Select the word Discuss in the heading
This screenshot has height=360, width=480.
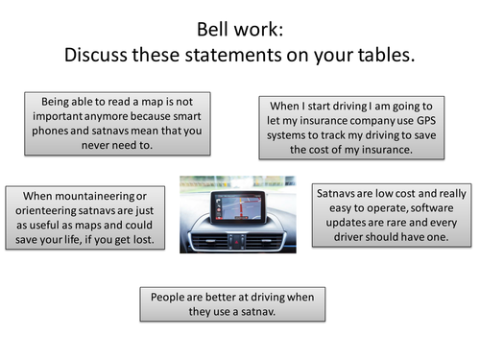97,54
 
